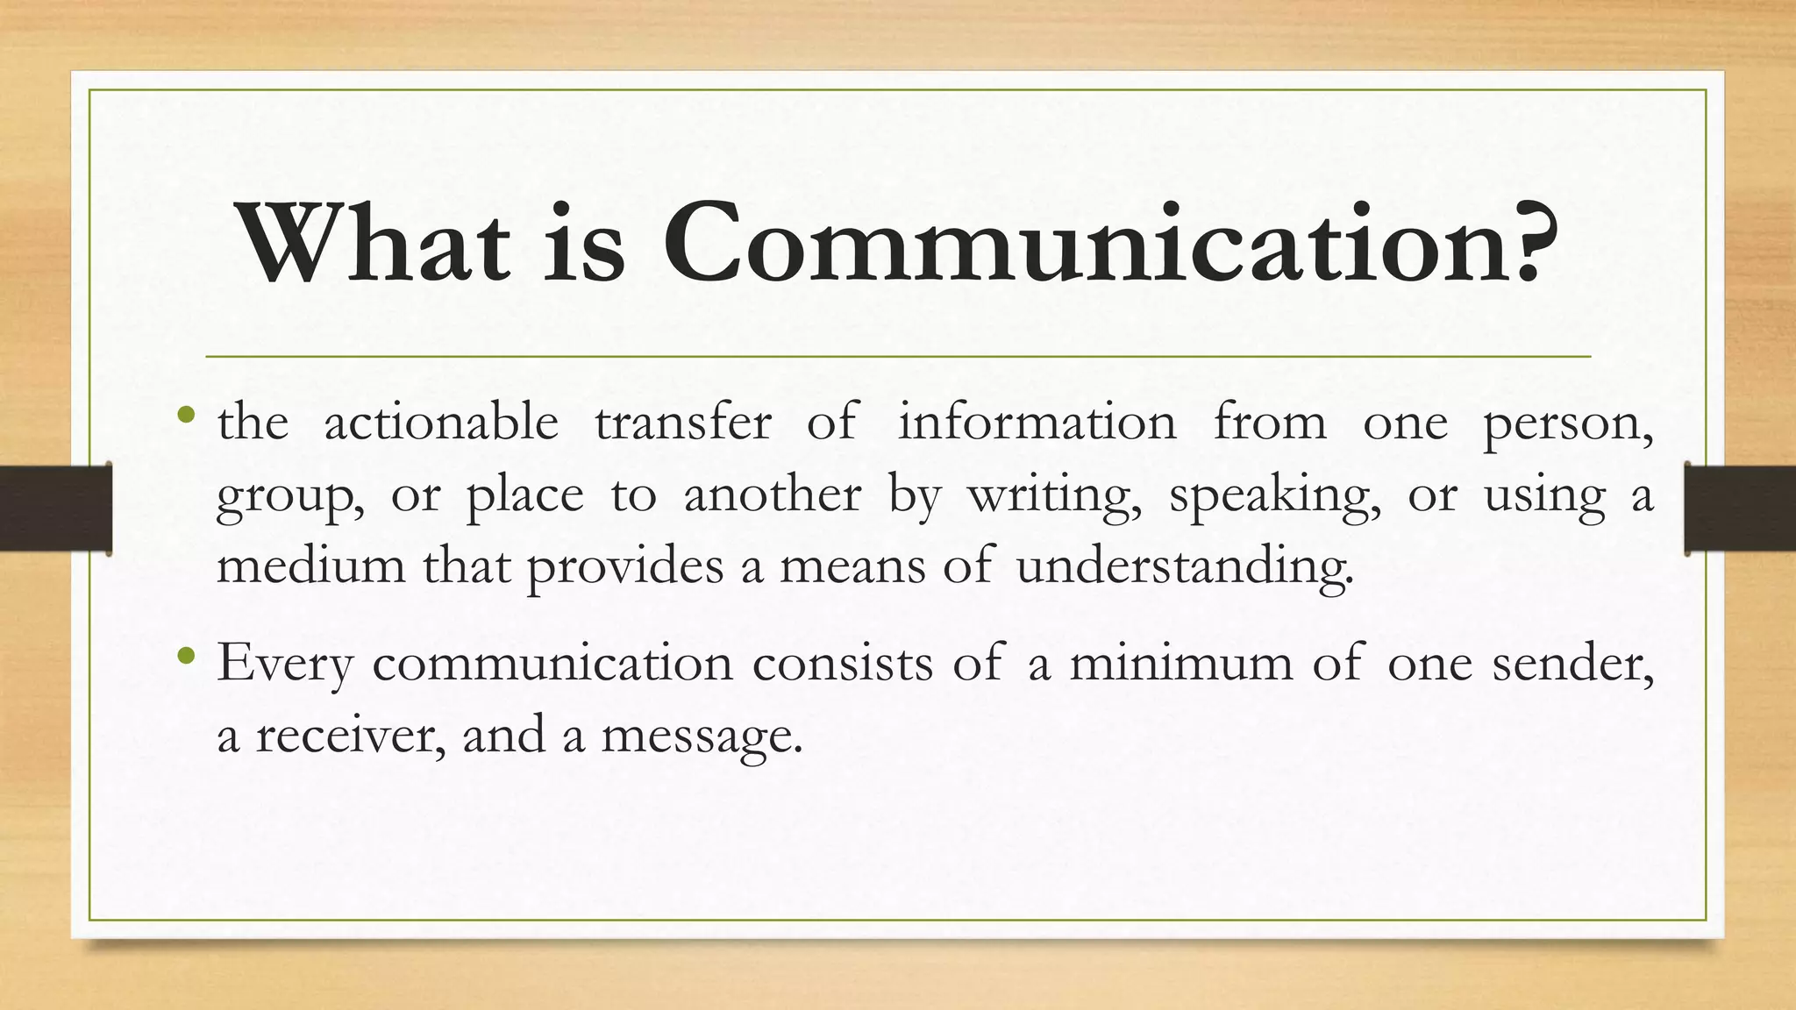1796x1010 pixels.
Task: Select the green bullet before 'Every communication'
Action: pyautogui.click(x=185, y=655)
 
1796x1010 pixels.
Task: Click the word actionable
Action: pyautogui.click(x=441, y=423)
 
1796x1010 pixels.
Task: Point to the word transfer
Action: pyautogui.click(x=683, y=423)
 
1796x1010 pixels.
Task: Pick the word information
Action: pyautogui.click(x=1037, y=423)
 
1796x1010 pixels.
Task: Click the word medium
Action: pyautogui.click(x=310, y=565)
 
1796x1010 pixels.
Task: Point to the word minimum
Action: pyautogui.click(x=1180, y=663)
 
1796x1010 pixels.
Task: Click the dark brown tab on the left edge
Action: pyautogui.click(x=55, y=509)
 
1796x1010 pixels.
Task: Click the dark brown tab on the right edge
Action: pyautogui.click(x=1741, y=509)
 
